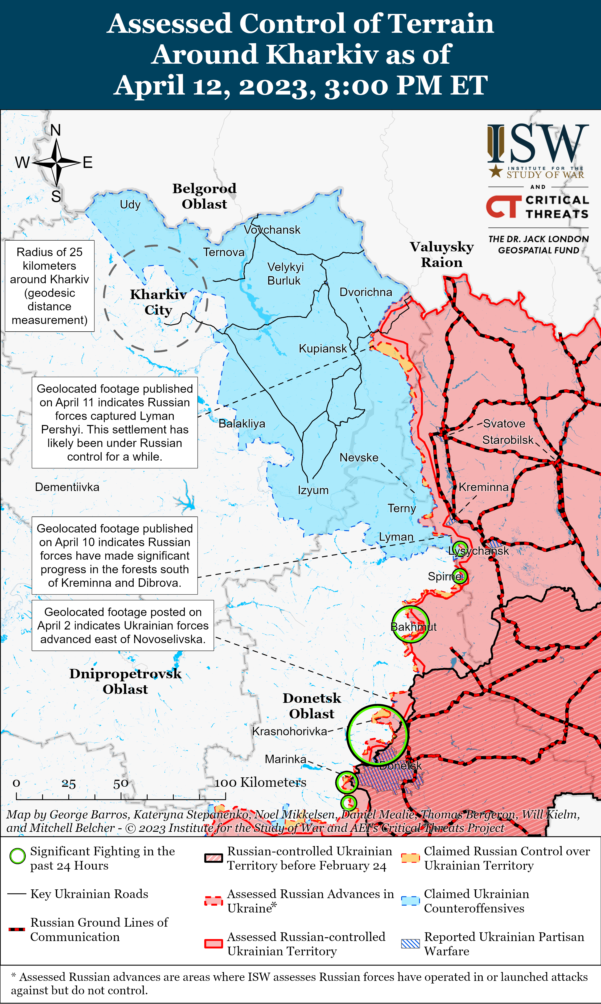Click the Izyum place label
(x=313, y=490)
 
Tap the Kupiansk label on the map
(x=322, y=348)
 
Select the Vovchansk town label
(x=272, y=230)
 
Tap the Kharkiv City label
(x=158, y=302)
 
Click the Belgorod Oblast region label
(x=205, y=196)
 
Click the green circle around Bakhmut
(x=410, y=624)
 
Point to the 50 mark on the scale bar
(x=121, y=783)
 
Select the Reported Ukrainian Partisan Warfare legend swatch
(x=410, y=944)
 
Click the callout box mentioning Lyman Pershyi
(x=115, y=423)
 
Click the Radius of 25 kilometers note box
(x=49, y=286)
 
